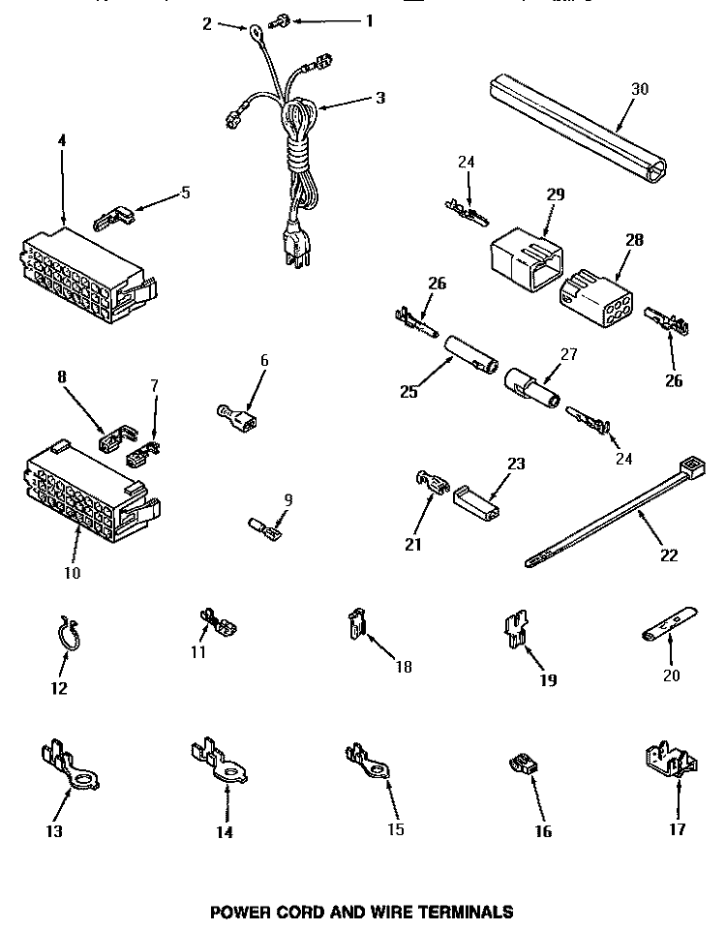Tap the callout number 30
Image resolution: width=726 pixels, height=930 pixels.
[640, 88]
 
